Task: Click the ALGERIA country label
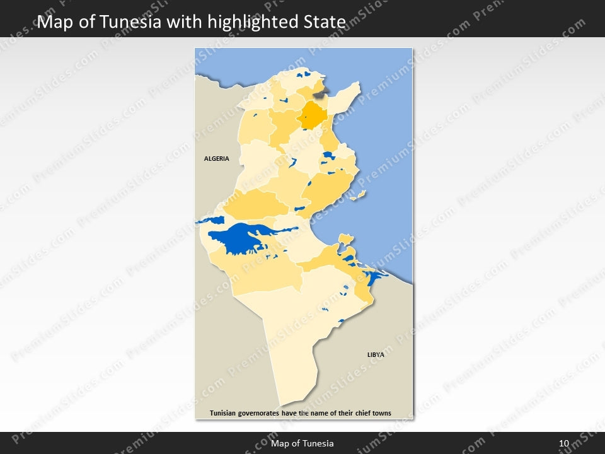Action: pyautogui.click(x=216, y=159)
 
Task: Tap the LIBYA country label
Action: pyautogui.click(x=376, y=355)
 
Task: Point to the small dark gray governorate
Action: pyautogui.click(x=320, y=93)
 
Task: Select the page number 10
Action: pyautogui.click(x=564, y=444)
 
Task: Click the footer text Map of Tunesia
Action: pyautogui.click(x=302, y=444)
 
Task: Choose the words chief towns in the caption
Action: pyautogui.click(x=371, y=414)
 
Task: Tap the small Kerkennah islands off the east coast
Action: pyautogui.click(x=359, y=195)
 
